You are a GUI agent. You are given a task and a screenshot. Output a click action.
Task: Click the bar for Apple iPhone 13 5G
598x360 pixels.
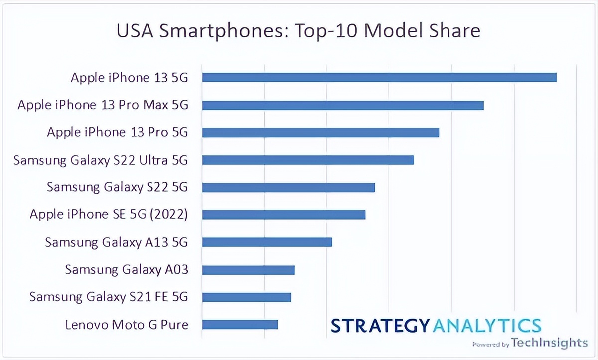pos(379,77)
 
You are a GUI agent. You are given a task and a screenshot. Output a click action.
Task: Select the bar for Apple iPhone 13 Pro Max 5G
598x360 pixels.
pos(343,105)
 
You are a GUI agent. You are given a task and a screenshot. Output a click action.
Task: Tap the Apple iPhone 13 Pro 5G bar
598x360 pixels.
pos(320,132)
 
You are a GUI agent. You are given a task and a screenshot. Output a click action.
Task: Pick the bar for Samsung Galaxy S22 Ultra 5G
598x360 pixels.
pos(308,160)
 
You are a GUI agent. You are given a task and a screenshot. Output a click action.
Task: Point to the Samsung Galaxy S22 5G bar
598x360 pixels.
pos(289,187)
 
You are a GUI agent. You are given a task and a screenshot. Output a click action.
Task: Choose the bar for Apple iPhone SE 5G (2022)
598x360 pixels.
pos(284,215)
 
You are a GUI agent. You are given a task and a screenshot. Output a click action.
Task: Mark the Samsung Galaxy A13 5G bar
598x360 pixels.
pos(267,242)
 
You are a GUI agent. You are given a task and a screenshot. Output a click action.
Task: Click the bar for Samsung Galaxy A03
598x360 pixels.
pos(248,270)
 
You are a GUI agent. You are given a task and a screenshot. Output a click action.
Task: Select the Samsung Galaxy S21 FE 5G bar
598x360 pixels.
pos(246,297)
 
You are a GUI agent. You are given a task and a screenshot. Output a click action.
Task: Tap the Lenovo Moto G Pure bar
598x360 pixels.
pos(240,325)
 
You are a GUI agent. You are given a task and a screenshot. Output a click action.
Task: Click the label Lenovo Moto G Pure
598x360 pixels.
pos(127,325)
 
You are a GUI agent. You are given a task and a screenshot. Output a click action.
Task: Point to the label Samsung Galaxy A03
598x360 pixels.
pos(127,270)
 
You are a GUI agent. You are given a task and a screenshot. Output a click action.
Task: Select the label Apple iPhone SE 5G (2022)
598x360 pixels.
pos(109,215)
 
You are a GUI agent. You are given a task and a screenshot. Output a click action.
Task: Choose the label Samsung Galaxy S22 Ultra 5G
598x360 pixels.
pos(101,160)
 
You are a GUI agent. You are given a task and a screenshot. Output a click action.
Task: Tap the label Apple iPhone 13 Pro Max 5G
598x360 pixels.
pos(103,105)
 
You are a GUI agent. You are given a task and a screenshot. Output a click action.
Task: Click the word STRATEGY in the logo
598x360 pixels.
pos(380,325)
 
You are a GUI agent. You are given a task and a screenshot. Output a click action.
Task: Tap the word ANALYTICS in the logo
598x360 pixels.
pos(486,325)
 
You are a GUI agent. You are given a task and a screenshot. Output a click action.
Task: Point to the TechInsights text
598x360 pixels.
pos(550,343)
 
